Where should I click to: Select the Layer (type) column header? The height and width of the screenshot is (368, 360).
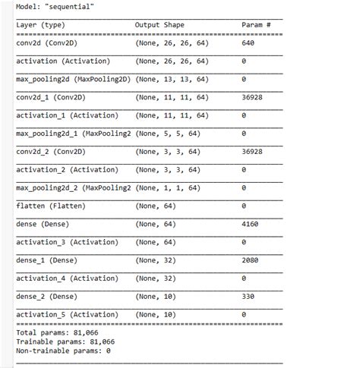pyautogui.click(x=40, y=25)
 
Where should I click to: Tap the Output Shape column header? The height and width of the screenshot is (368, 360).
pyautogui.click(x=159, y=25)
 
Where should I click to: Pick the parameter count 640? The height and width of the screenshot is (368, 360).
pyautogui.click(x=248, y=43)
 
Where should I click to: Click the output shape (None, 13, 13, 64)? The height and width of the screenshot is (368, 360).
pyautogui.click(x=170, y=80)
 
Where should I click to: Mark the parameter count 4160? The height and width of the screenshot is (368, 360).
pyautogui.click(x=250, y=225)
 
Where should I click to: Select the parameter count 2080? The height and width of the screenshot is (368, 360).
pyautogui.click(x=250, y=260)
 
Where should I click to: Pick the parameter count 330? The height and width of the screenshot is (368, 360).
pyautogui.click(x=248, y=297)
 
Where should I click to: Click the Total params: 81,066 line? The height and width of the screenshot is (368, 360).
pyautogui.click(x=57, y=332)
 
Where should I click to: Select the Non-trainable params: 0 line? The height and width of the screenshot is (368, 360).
pyautogui.click(x=63, y=351)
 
